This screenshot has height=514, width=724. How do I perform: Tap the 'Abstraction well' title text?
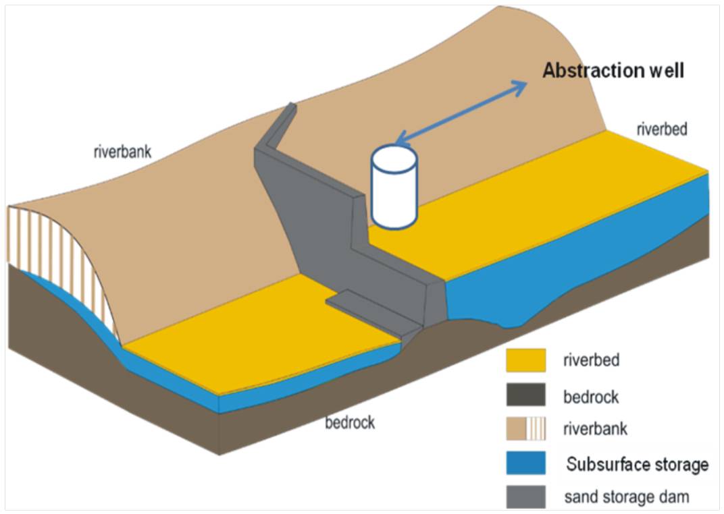[x=613, y=71]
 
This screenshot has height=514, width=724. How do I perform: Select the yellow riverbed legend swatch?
[x=525, y=360]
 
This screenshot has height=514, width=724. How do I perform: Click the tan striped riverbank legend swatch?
[x=525, y=428]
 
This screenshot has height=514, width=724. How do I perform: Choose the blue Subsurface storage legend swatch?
[x=525, y=463]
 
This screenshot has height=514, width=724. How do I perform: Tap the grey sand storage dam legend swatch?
[x=525, y=498]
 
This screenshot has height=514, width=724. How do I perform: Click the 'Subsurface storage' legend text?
[x=637, y=464]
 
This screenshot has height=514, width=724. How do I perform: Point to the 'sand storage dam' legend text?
[x=627, y=498]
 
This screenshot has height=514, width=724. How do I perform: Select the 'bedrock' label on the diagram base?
[x=349, y=423]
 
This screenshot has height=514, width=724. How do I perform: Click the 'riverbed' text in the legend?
[x=591, y=360]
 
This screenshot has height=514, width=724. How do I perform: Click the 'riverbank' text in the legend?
[x=595, y=429]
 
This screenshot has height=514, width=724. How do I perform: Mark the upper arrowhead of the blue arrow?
[x=520, y=85]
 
